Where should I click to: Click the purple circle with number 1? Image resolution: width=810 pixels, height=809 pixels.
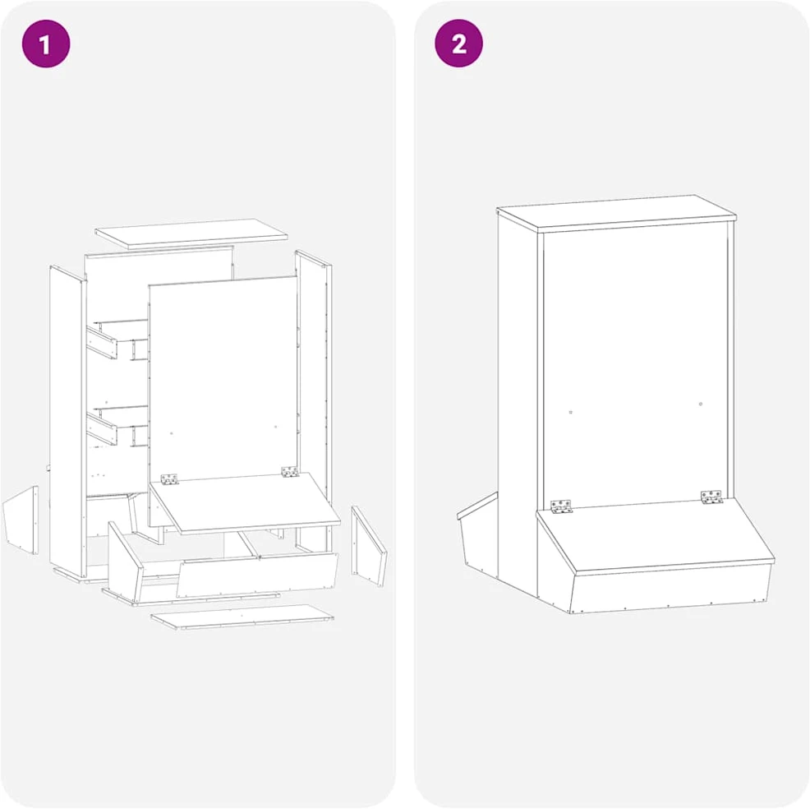tap(45, 44)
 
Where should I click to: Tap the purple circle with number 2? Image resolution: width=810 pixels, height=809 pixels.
tap(458, 44)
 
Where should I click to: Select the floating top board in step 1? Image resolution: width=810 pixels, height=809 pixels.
tap(191, 233)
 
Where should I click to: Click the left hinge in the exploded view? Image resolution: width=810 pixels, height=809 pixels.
tap(169, 479)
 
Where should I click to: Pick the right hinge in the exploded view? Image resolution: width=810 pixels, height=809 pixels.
tap(290, 471)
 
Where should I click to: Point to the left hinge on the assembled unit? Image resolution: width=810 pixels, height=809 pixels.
tap(561, 506)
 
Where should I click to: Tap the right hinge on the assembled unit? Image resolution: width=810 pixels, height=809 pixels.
tap(711, 497)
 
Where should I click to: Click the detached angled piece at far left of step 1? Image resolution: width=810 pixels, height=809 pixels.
tap(21, 520)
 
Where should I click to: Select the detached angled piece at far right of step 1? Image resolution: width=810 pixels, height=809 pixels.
tap(368, 546)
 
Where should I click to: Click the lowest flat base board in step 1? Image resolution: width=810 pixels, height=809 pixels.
tap(242, 617)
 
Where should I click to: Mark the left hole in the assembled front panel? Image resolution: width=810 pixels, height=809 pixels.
tap(570, 413)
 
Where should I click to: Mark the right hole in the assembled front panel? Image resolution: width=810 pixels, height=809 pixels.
tap(701, 404)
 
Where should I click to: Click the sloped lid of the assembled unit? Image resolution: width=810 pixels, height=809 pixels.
tap(655, 535)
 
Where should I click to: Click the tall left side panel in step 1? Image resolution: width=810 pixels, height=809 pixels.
tap(67, 421)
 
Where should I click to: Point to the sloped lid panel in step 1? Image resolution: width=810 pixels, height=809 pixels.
tap(245, 502)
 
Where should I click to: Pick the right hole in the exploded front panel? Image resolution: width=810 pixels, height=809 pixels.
tap(275, 427)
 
